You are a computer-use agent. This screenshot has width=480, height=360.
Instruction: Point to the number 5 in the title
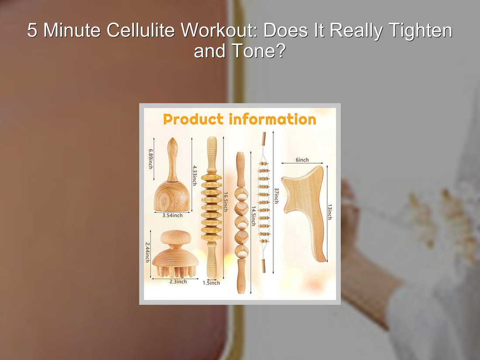point(32,31)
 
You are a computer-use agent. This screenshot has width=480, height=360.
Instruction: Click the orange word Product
point(193,119)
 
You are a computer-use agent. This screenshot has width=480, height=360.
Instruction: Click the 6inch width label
point(302,160)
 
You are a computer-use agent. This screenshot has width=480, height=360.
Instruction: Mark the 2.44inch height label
point(148,252)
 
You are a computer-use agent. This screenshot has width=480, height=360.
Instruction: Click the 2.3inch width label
point(178,281)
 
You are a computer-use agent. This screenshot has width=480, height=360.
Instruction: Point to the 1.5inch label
point(211,283)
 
